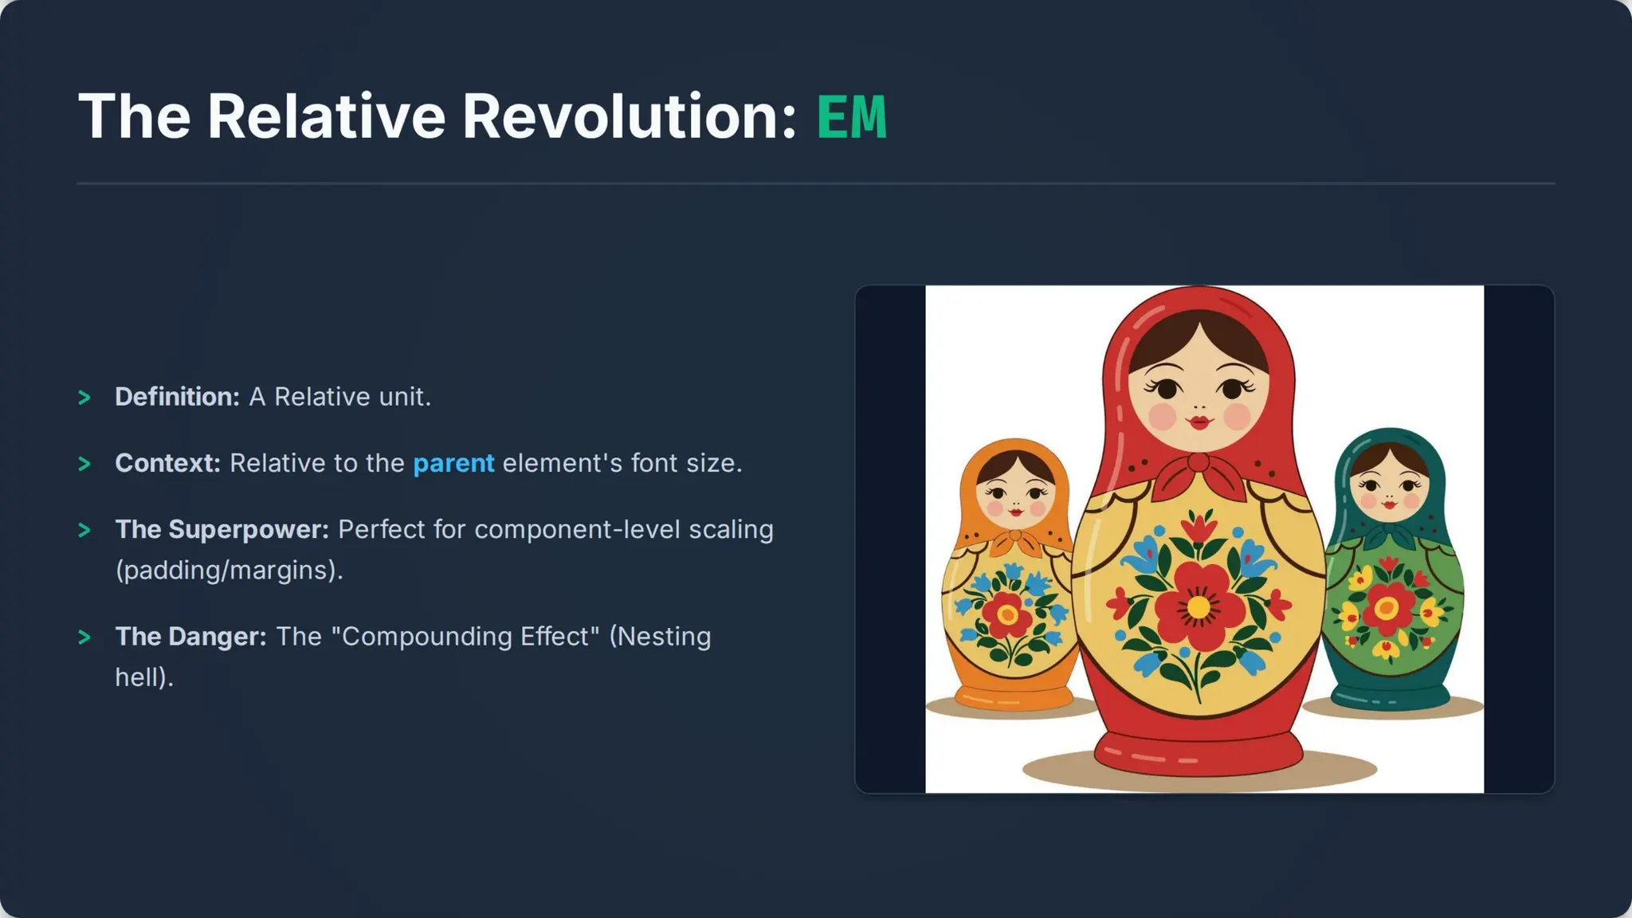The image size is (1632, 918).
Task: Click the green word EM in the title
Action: click(851, 117)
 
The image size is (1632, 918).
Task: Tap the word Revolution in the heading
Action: click(630, 117)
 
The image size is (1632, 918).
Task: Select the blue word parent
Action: click(453, 463)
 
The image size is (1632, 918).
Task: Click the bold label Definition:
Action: click(177, 397)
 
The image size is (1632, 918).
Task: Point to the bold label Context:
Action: click(167, 463)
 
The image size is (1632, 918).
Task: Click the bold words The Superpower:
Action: click(222, 529)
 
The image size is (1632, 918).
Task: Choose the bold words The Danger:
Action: click(190, 636)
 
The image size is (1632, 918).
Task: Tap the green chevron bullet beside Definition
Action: click(84, 398)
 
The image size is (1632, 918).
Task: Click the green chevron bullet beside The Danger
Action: click(84, 637)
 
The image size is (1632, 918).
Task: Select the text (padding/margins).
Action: click(229, 571)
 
